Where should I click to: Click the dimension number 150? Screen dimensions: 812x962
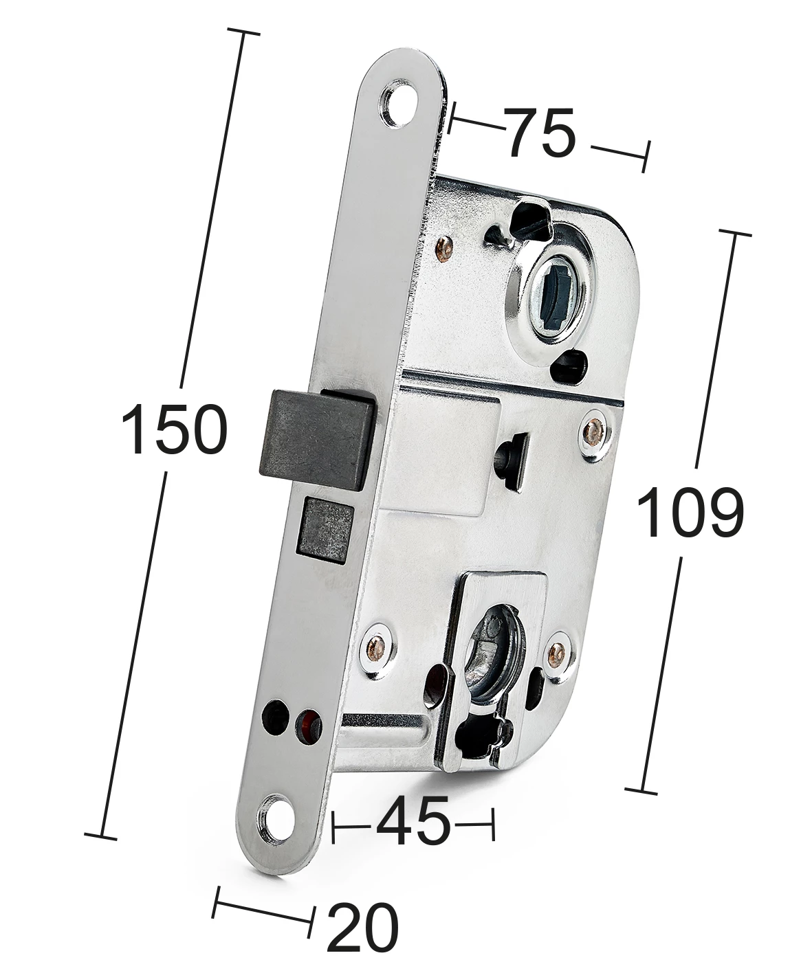[x=175, y=429]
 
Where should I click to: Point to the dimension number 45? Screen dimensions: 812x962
[x=413, y=820]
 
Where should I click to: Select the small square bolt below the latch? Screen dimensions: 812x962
[x=326, y=529]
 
